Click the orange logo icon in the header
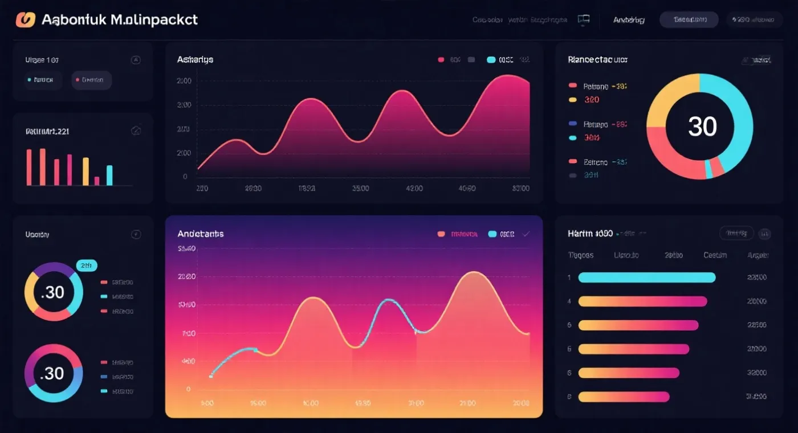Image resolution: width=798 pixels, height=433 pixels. pos(26,19)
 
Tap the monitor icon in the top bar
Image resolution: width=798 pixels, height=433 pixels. pos(583,20)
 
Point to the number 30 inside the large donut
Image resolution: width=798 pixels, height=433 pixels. pos(702,126)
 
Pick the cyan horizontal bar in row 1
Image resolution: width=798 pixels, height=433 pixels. pos(646,277)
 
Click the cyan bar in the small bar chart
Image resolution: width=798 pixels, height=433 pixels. pos(109,175)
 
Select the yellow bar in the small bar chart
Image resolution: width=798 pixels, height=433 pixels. pos(85,171)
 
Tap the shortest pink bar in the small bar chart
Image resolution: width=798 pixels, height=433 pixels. pos(97,181)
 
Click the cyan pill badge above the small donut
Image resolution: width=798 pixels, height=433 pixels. pos(87,265)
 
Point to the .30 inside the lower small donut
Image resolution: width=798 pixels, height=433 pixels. pos(53,373)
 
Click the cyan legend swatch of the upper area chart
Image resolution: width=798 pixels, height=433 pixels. pos(491,59)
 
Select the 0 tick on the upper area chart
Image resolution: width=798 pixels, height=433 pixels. pos(185,177)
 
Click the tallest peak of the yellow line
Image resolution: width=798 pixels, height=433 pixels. pos(474,272)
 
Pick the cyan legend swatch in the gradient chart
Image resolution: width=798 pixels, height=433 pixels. pos(492,234)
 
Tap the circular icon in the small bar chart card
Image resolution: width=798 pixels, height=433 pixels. pos(136,131)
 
